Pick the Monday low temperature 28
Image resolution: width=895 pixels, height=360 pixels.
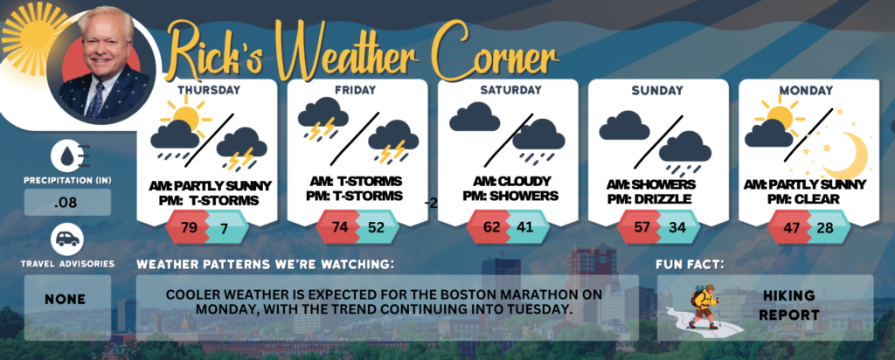[x=824, y=228]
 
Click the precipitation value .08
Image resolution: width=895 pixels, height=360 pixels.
[x=67, y=203]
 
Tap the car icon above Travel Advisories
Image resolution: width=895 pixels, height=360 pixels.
[x=67, y=239]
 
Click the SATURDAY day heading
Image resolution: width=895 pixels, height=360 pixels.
[x=510, y=90]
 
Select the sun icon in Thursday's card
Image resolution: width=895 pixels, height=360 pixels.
[x=185, y=116]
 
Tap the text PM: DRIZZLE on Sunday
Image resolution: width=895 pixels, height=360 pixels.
[x=650, y=199]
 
